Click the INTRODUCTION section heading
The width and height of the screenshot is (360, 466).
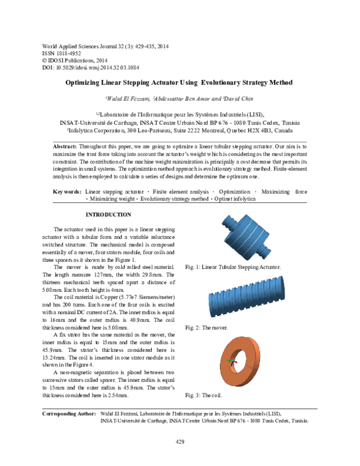pyautogui.click(x=108, y=214)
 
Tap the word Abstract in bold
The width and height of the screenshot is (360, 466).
pyautogui.click(x=64, y=147)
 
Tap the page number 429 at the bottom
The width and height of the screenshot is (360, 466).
pyautogui.click(x=179, y=443)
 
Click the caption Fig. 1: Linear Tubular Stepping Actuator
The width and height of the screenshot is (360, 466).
pyautogui.click(x=233, y=266)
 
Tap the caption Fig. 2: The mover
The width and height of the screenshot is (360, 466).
pyautogui.click(x=208, y=328)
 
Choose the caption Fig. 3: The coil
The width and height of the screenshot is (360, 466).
pyautogui.click(x=203, y=395)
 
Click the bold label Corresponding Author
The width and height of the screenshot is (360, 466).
pyautogui.click(x=68, y=414)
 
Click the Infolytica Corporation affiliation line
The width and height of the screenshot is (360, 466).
pyautogui.click(x=179, y=129)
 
